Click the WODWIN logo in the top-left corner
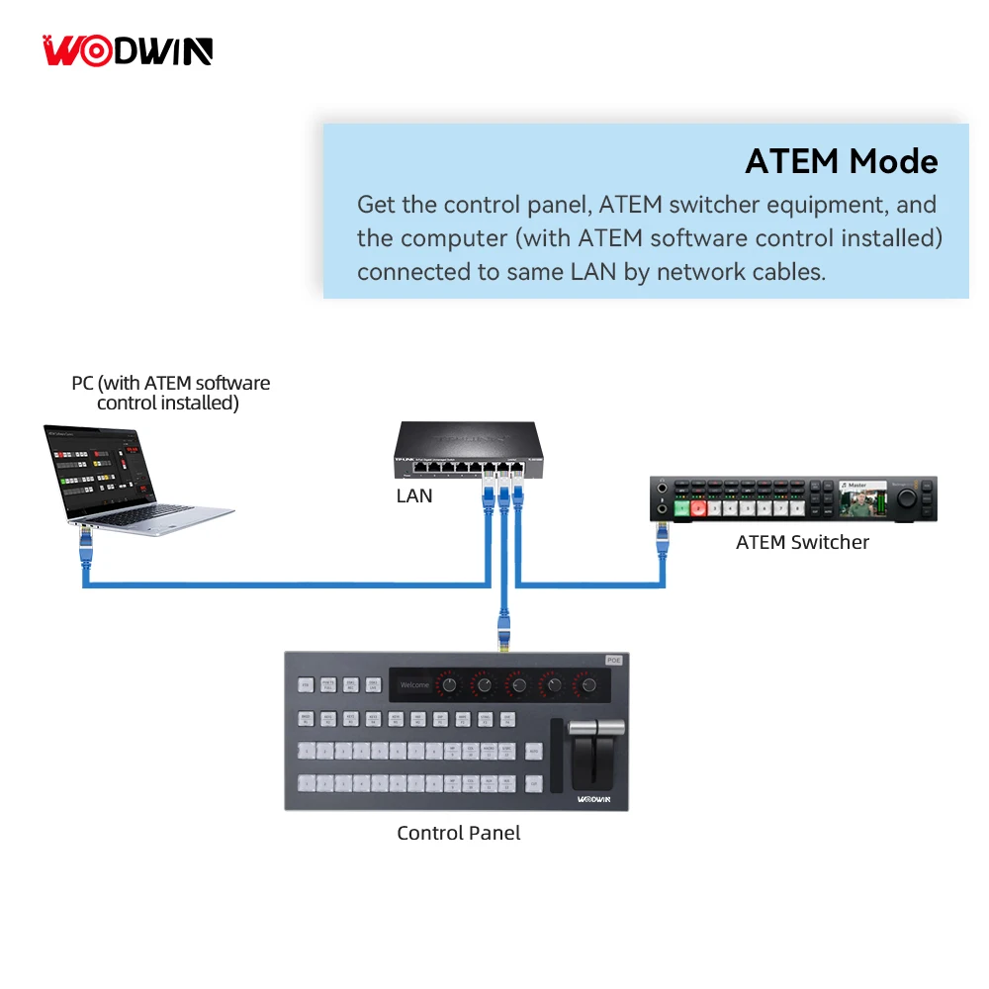(x=128, y=50)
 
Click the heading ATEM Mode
(x=841, y=161)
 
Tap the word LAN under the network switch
(x=413, y=495)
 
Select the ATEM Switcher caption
(x=802, y=542)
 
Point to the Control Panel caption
(x=458, y=833)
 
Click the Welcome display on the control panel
(x=415, y=684)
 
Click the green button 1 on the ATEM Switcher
(x=681, y=508)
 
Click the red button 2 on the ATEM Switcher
(x=699, y=508)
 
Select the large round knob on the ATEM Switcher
(x=905, y=501)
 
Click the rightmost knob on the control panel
(x=589, y=684)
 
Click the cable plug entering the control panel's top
(x=504, y=634)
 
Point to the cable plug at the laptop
(x=84, y=542)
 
